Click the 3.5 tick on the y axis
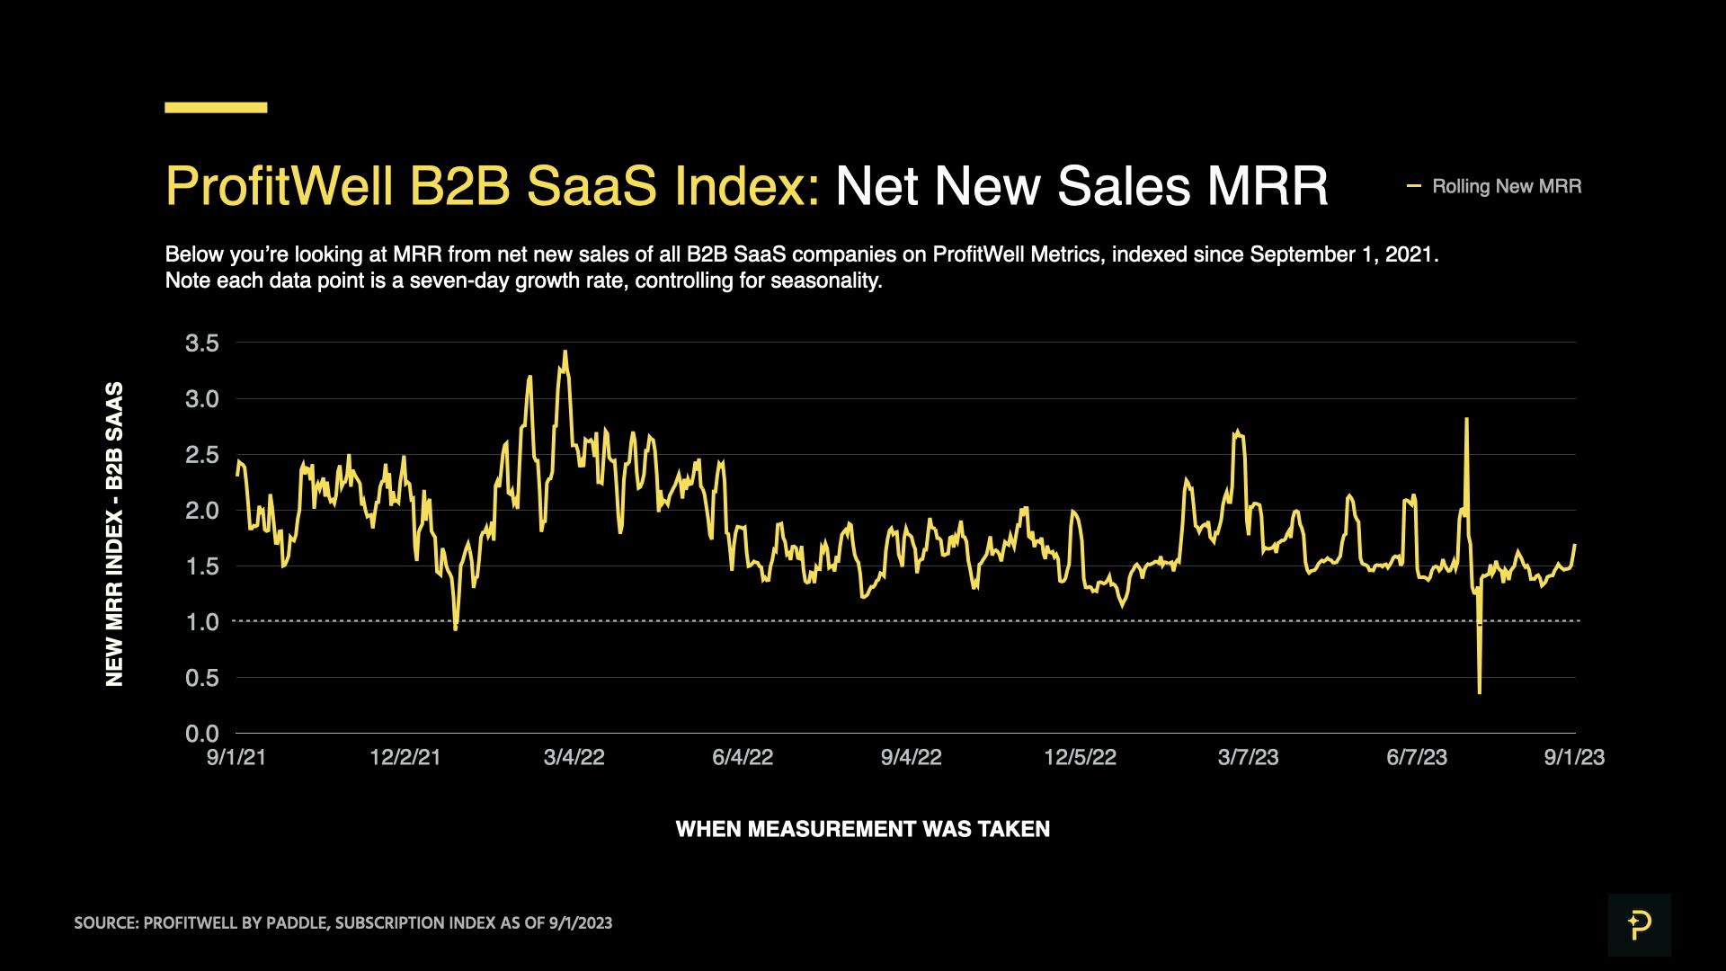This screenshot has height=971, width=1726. [201, 343]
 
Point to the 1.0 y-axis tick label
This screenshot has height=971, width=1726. [201, 621]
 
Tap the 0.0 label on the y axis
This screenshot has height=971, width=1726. [201, 734]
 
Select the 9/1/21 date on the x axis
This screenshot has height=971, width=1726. [236, 757]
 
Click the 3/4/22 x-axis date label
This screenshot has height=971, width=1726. [574, 757]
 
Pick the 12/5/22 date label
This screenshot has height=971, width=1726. [1080, 757]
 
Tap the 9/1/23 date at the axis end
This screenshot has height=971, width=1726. [1574, 757]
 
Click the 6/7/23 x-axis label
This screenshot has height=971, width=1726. [1417, 757]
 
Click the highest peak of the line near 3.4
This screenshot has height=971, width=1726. [565, 352]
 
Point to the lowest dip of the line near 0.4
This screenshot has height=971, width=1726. [1479, 692]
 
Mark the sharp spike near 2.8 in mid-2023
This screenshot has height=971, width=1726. [1466, 419]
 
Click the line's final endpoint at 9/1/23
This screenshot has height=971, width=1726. [1575, 545]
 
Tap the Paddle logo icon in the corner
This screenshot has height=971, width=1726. [1639, 924]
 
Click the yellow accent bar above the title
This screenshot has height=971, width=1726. [216, 107]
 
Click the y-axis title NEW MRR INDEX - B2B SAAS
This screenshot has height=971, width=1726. [114, 534]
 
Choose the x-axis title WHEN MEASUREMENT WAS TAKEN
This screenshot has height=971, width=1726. [862, 829]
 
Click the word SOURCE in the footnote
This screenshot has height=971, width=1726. [104, 923]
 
